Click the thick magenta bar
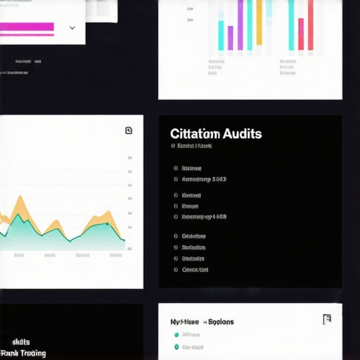(x=27, y=27)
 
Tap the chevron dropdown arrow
(x=72, y=28)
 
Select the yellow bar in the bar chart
(x=259, y=21)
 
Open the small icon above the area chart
(x=128, y=130)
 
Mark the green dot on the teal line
(x=107, y=224)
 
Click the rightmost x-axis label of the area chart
(x=115, y=255)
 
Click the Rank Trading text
(x=24, y=353)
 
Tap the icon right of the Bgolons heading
(x=326, y=319)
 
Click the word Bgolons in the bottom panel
(x=221, y=322)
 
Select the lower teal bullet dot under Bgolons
(x=176, y=347)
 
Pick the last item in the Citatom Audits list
(x=195, y=269)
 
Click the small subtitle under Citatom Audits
(x=194, y=146)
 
